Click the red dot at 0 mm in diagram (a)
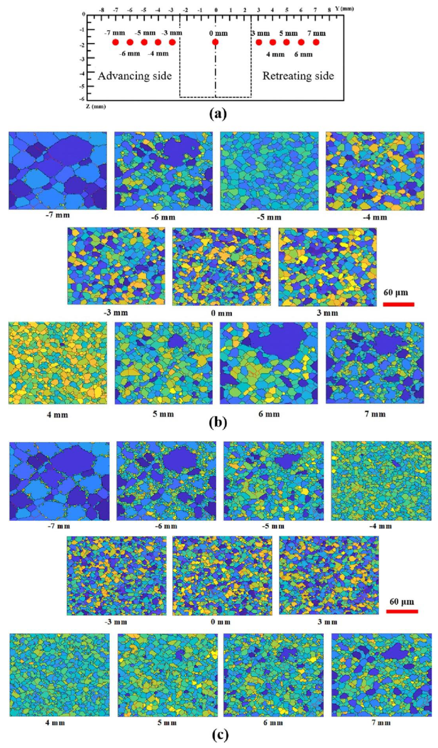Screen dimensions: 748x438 (x=215, y=42)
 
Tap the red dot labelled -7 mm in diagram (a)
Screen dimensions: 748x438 (x=116, y=42)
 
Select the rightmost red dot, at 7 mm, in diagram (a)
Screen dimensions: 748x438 (x=316, y=42)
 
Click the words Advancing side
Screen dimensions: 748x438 (x=135, y=76)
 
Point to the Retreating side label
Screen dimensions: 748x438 (x=298, y=76)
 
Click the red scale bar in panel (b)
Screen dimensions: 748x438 (x=399, y=304)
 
